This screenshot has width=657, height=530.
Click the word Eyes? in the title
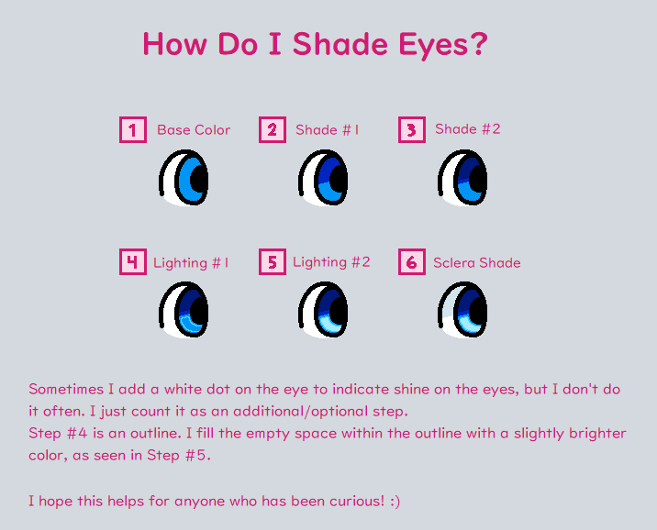[443, 45]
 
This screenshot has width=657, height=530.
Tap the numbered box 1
[133, 130]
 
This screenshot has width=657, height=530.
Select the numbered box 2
[273, 130]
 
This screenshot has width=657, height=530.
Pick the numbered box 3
[412, 130]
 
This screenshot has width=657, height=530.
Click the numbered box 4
[133, 262]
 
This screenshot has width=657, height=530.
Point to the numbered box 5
[273, 262]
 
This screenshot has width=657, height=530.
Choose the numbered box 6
[412, 262]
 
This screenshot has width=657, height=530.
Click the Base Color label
[194, 130]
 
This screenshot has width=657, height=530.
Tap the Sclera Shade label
[477, 263]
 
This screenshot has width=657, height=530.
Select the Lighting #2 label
[331, 262]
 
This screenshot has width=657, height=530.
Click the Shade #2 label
[468, 129]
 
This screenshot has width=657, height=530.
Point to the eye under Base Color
[184, 178]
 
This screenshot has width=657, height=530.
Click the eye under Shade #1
[323, 178]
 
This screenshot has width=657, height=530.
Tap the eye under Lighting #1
[184, 310]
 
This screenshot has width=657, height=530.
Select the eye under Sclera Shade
[462, 310]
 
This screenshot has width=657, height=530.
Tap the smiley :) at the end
[395, 502]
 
